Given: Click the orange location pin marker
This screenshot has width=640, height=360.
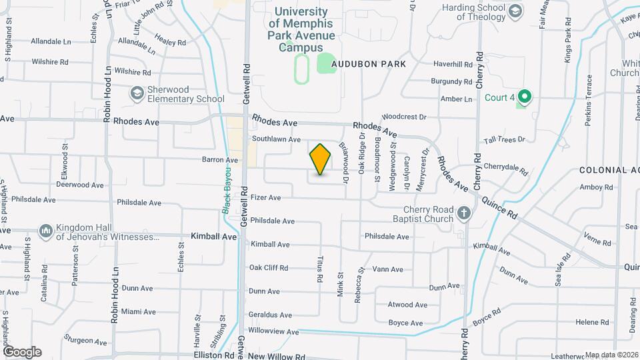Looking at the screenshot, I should click(320, 159).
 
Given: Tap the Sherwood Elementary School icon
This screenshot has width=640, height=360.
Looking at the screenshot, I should click(137, 93).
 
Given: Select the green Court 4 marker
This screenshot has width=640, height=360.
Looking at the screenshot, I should click(524, 97).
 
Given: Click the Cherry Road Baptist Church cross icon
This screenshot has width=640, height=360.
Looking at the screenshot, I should click(464, 214).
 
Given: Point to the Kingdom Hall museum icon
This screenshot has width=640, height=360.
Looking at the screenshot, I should click(45, 231).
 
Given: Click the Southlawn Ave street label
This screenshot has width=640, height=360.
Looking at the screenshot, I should click(277, 139).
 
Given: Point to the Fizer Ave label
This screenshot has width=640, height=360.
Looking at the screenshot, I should click(266, 197).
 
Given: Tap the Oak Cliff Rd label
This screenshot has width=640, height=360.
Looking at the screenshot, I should click(269, 268).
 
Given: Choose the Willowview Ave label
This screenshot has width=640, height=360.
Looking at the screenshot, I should click(273, 331).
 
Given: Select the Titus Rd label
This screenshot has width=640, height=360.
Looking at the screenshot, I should click(321, 257).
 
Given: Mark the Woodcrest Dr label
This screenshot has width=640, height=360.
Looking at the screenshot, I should click(405, 117).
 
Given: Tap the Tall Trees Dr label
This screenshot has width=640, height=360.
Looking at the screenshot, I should click(505, 140).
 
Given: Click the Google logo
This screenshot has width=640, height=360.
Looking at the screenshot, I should click(22, 351).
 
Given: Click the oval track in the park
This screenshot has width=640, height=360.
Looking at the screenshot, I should click(302, 69).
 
